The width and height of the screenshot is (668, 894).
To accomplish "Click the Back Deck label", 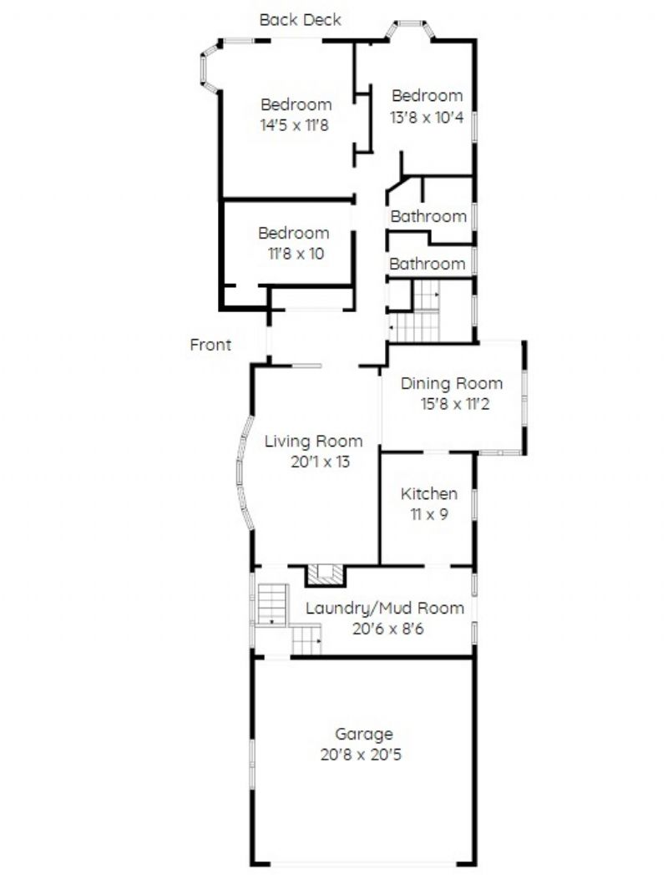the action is [x=300, y=20].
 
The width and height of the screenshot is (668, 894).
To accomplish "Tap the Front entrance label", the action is [x=210, y=345].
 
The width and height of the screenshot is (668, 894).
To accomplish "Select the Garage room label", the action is [x=363, y=734].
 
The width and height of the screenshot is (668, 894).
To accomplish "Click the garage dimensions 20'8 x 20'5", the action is [x=361, y=755].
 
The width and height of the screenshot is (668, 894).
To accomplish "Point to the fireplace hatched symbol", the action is [x=326, y=574].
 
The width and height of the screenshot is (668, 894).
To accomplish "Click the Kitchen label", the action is [x=429, y=494].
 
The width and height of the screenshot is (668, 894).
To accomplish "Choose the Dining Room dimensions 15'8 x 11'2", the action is [x=454, y=404].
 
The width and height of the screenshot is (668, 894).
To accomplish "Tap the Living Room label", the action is [x=314, y=442].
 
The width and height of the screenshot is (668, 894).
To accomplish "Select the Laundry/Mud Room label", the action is [x=385, y=608].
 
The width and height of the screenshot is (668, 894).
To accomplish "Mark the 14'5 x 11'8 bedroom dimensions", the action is [x=295, y=125].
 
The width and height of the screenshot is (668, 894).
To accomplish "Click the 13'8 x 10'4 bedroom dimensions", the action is [x=427, y=118].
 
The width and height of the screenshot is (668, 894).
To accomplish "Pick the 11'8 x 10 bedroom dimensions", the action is [x=296, y=254].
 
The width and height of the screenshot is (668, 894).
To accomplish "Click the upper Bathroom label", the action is [x=428, y=217].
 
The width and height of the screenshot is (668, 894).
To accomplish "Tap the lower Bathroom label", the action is [x=428, y=264].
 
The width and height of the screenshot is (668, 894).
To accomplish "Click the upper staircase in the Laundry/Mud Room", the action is [x=272, y=604].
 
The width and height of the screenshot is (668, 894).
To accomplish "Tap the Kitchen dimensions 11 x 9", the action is [x=429, y=514].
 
